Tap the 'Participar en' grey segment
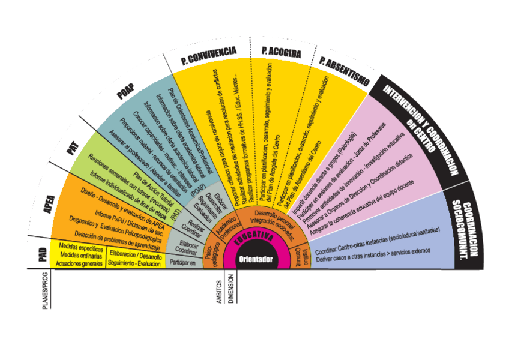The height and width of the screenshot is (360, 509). pyautogui.click(x=182, y=262)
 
